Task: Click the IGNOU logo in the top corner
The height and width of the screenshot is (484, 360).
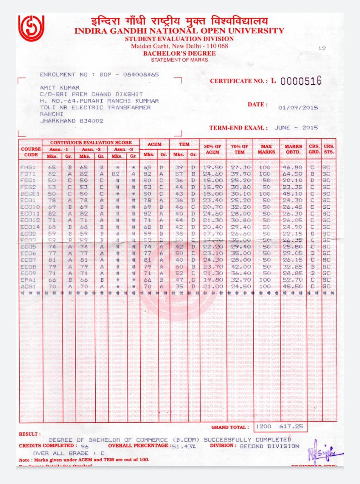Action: (x=31, y=29)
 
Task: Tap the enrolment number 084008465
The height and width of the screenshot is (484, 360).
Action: (x=141, y=74)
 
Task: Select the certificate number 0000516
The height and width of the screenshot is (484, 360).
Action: (x=301, y=81)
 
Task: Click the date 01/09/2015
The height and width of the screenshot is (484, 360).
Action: (x=298, y=107)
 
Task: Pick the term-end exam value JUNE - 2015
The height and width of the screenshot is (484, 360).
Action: (x=296, y=127)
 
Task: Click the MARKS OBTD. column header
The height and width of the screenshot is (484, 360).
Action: (x=293, y=149)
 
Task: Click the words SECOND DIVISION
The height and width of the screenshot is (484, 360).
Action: (x=269, y=446)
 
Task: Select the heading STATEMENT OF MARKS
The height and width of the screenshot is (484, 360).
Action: (x=179, y=60)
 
